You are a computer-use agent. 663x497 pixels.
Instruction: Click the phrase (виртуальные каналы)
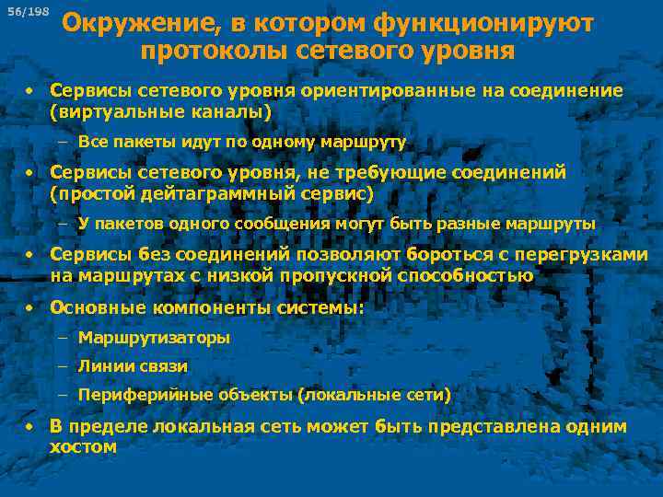pyautogui.click(x=161, y=112)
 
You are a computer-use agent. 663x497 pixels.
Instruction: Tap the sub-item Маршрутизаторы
pyautogui.click(x=154, y=338)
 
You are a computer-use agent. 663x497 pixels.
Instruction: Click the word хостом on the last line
pyautogui.click(x=83, y=447)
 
